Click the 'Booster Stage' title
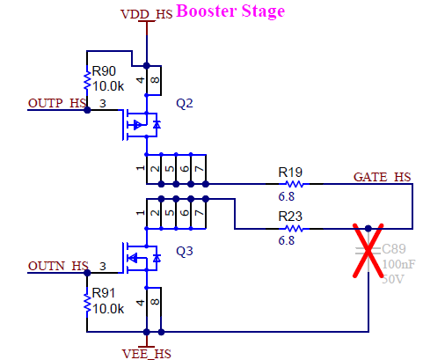[x=230, y=11]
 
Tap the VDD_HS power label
[x=145, y=14]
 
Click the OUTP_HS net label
[x=58, y=103]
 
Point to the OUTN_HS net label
[x=58, y=265]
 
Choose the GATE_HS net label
[x=381, y=176]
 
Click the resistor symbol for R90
[x=87, y=81]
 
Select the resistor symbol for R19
[x=292, y=184]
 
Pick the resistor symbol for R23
[x=292, y=228]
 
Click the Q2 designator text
[x=185, y=103]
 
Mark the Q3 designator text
[x=185, y=251]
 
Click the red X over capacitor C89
[x=368, y=254]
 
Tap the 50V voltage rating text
[x=393, y=278]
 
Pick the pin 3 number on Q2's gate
[x=102, y=103]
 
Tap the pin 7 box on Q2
[x=200, y=168]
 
